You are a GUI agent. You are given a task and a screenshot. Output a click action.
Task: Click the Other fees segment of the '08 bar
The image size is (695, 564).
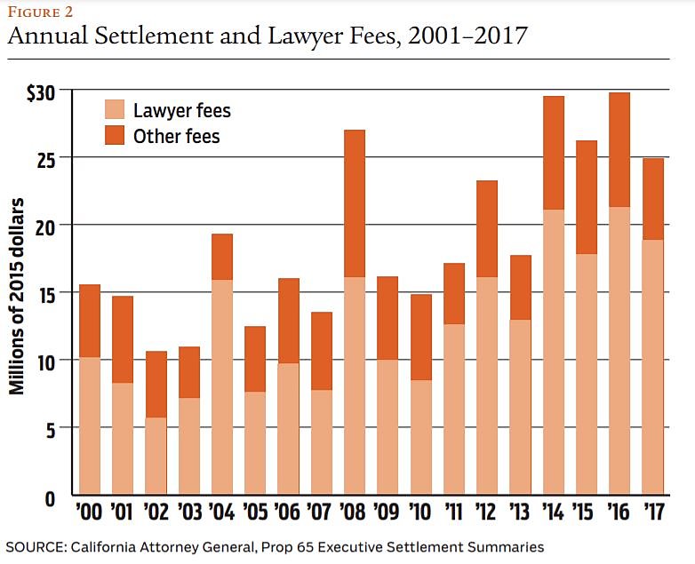354,203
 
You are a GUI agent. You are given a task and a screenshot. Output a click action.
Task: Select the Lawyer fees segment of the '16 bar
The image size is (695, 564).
620,351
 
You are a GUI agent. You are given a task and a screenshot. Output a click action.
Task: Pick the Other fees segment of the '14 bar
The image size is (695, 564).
554,153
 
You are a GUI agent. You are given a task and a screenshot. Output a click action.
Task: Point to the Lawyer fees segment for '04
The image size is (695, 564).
221,387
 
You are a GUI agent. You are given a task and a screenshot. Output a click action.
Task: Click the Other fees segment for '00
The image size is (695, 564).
89,321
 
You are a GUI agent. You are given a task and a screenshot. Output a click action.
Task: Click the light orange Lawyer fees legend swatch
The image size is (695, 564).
115,111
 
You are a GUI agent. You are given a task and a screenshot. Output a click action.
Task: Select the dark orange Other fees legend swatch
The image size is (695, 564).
115,136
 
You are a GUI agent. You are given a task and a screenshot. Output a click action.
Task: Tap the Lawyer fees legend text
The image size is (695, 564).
181,111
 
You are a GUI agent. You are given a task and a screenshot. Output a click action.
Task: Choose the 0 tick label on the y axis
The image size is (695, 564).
50,496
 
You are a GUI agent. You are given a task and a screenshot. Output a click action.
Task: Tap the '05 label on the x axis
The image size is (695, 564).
255,514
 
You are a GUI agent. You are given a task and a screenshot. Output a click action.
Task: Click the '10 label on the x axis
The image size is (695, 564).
420,514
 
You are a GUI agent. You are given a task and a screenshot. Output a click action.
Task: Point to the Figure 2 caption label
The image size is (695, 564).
41,12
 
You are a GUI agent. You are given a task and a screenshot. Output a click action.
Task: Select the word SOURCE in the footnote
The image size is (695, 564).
34,546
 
